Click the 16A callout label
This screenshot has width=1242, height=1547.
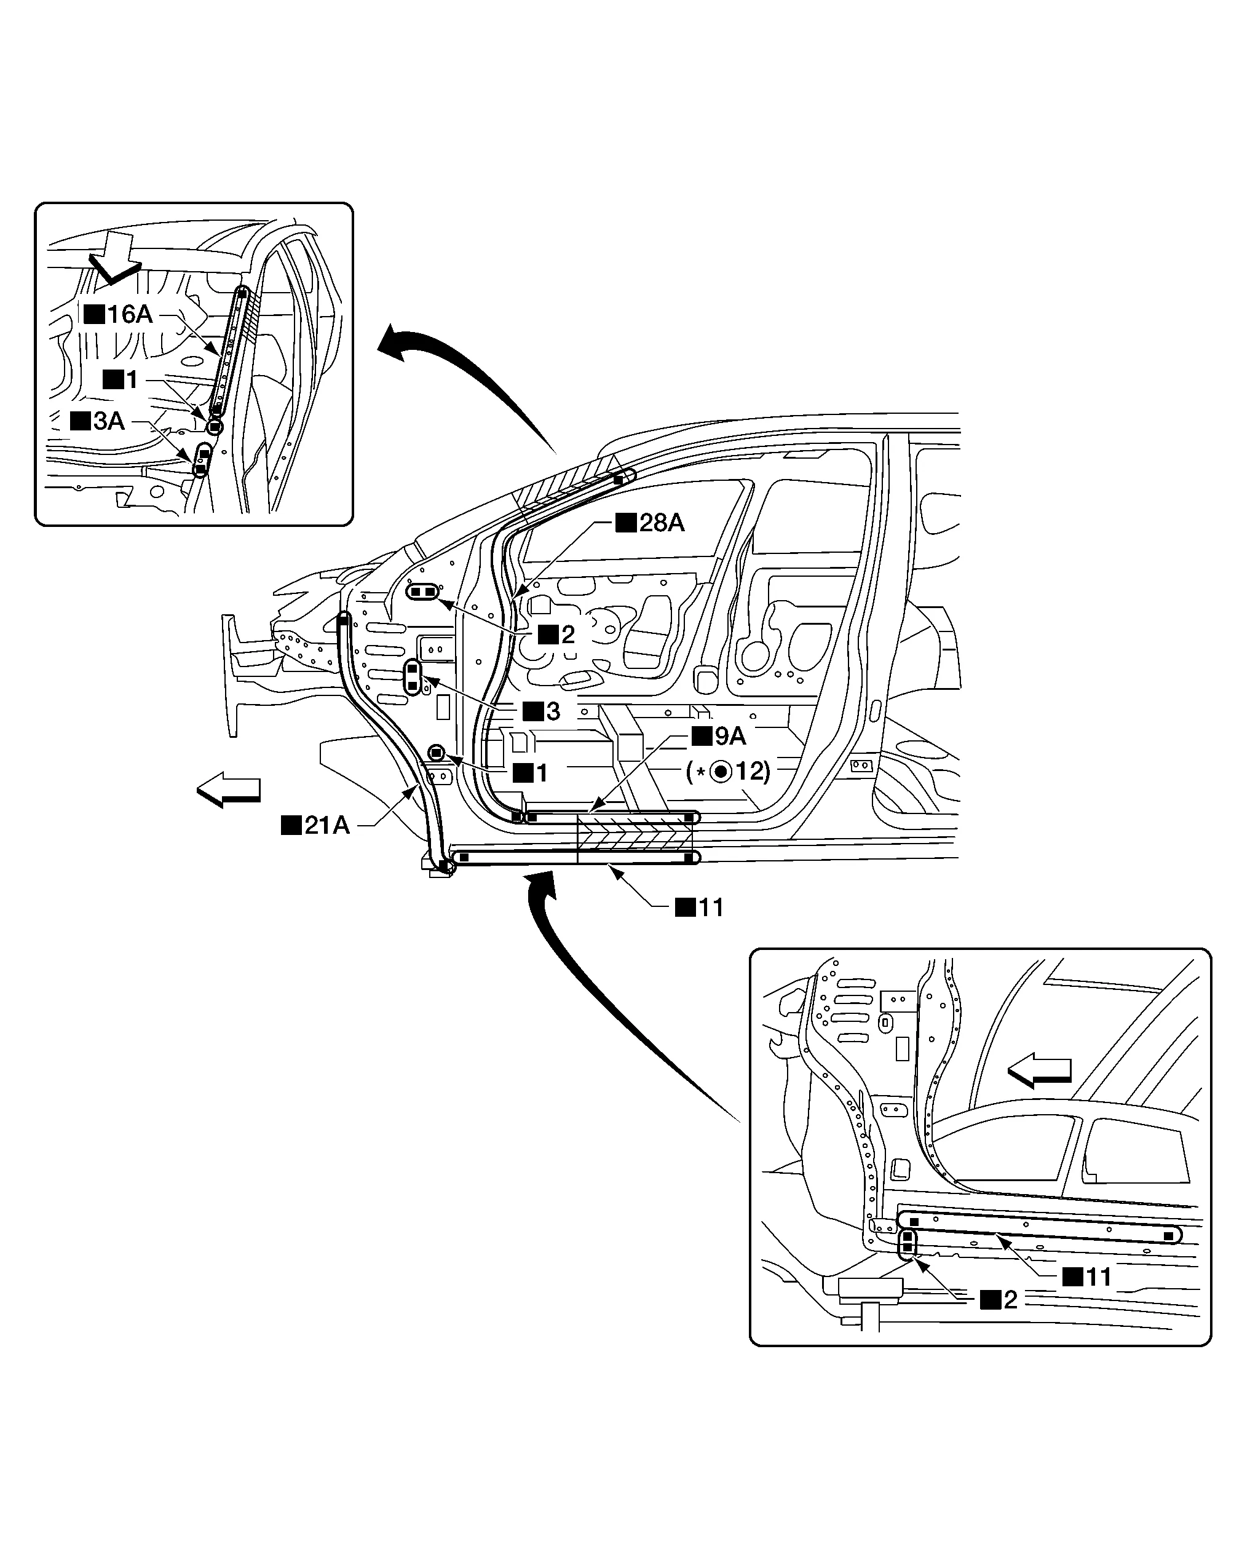point(119,314)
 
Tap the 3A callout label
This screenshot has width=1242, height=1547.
point(98,421)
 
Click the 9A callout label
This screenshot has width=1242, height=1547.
point(719,736)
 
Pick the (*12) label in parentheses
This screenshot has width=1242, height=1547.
point(728,772)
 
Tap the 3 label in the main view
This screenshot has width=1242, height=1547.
point(542,712)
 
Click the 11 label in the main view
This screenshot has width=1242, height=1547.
point(700,908)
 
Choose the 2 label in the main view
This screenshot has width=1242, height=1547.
point(557,635)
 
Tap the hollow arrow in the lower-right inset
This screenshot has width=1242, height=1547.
point(1040,1070)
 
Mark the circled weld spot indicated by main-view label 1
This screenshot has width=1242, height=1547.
point(437,752)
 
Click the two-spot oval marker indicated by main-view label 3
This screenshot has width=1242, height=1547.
point(413,678)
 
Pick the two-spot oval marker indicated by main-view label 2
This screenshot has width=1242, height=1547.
point(422,591)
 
